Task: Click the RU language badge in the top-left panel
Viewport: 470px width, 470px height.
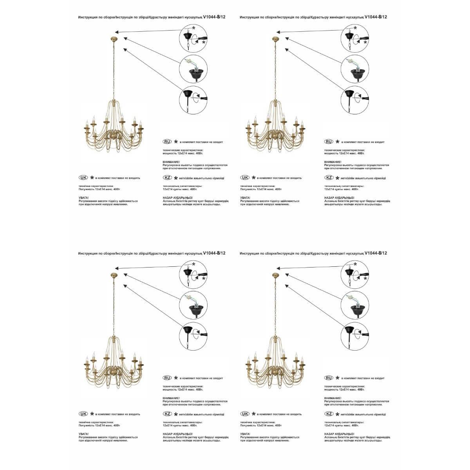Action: click(167, 141)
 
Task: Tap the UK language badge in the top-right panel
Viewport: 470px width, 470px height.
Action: click(245, 177)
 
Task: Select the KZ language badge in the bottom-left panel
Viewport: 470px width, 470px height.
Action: click(167, 414)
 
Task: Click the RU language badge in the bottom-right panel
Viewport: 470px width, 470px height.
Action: click(329, 378)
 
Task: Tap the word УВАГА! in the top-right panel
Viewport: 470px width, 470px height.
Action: click(246, 198)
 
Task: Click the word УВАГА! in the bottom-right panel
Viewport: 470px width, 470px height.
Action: click(246, 434)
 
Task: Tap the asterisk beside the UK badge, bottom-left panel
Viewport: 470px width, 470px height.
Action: click(92, 414)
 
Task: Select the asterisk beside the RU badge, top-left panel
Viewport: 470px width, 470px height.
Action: click(176, 141)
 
